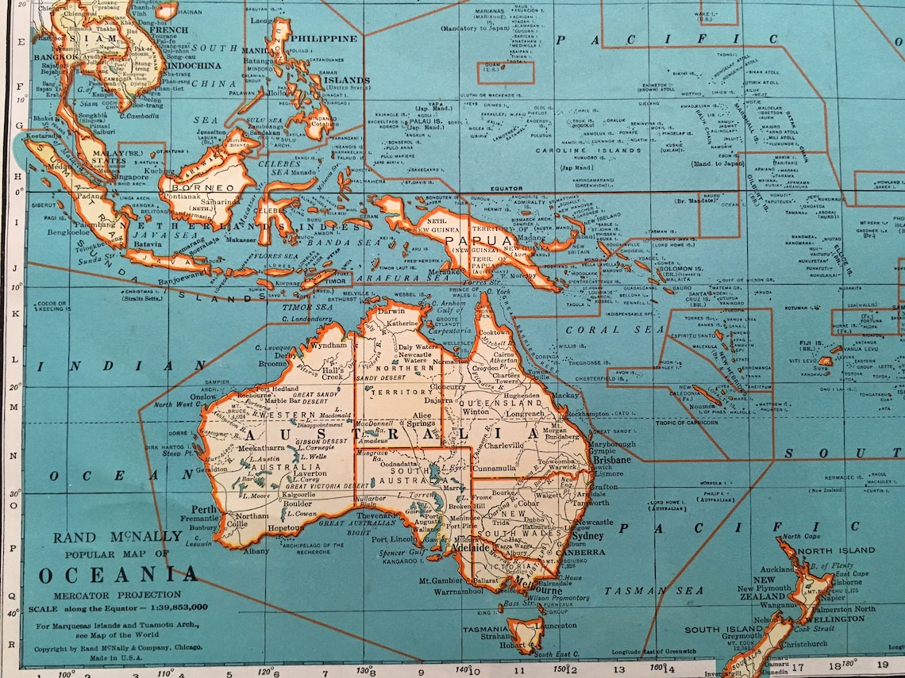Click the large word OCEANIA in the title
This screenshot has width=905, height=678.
pyautogui.click(x=117, y=575)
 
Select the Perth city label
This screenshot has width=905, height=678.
pyautogui.click(x=203, y=509)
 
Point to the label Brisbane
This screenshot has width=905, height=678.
pyautogui.click(x=612, y=459)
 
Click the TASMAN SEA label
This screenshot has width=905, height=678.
pyautogui.click(x=653, y=591)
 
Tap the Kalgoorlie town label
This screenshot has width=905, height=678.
pyautogui.click(x=294, y=494)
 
